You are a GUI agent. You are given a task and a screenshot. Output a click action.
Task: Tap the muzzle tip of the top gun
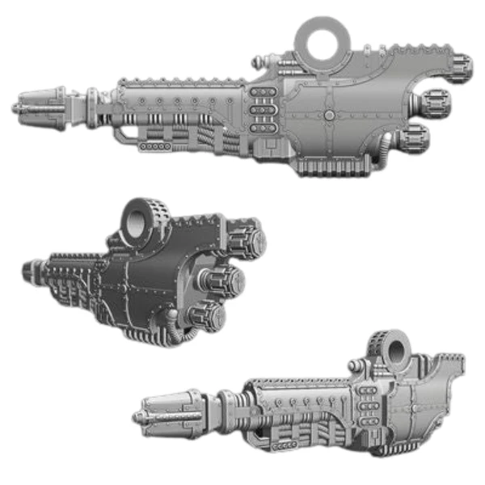click(18, 108)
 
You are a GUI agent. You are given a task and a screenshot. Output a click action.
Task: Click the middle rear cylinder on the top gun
click(433, 103)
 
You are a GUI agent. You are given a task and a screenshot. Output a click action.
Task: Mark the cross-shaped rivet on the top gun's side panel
click(330, 116)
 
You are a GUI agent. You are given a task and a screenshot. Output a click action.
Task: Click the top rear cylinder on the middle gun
click(250, 241)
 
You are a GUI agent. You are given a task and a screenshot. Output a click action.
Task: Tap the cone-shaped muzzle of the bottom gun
click(166, 411)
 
